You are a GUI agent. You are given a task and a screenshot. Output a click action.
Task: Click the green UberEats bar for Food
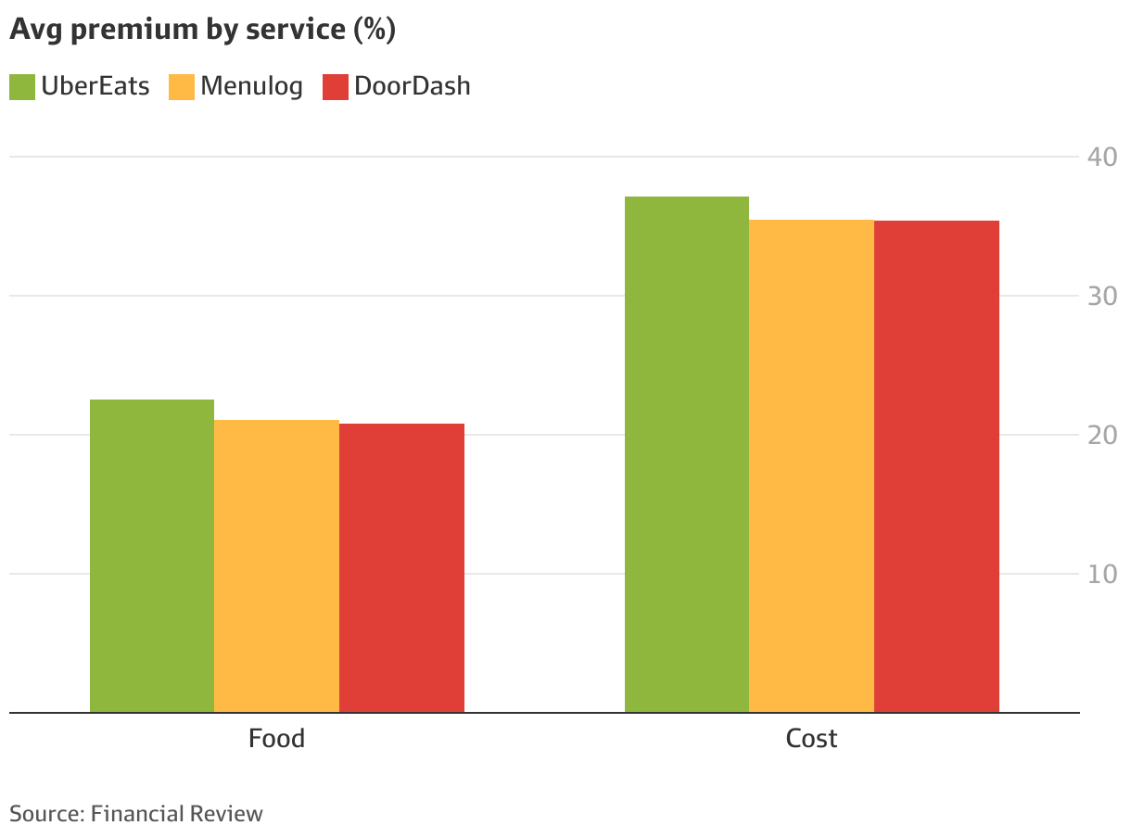(x=152, y=556)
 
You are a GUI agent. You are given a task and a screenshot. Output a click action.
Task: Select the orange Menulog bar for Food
(x=276, y=565)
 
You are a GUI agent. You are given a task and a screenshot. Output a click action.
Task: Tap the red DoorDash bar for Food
(x=401, y=567)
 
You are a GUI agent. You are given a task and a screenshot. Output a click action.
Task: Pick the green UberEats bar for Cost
(x=686, y=454)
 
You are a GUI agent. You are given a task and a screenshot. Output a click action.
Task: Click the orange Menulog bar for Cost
(x=811, y=465)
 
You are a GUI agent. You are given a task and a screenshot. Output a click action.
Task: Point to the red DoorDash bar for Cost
(x=936, y=466)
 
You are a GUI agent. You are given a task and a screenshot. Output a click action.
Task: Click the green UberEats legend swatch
(x=22, y=86)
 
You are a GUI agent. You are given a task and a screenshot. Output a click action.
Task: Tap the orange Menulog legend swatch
(x=182, y=86)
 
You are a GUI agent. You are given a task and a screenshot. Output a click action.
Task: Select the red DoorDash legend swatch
(x=336, y=86)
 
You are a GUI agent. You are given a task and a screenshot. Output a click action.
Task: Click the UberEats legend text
(x=95, y=86)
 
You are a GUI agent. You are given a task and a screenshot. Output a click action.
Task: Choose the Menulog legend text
(x=251, y=86)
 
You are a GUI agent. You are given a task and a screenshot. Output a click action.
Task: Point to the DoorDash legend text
(x=412, y=86)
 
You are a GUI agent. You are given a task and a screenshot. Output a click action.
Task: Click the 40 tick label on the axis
(x=1101, y=157)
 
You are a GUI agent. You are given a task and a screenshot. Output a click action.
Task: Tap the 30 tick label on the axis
(x=1101, y=296)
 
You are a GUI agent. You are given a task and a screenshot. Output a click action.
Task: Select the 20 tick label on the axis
(x=1101, y=435)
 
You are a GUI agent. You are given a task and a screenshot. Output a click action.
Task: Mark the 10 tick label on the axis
(x=1101, y=574)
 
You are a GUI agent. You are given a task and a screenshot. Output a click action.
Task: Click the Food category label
(x=276, y=739)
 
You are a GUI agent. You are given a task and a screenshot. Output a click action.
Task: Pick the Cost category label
(x=811, y=739)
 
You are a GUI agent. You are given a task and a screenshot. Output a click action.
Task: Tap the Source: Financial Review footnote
(x=136, y=814)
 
